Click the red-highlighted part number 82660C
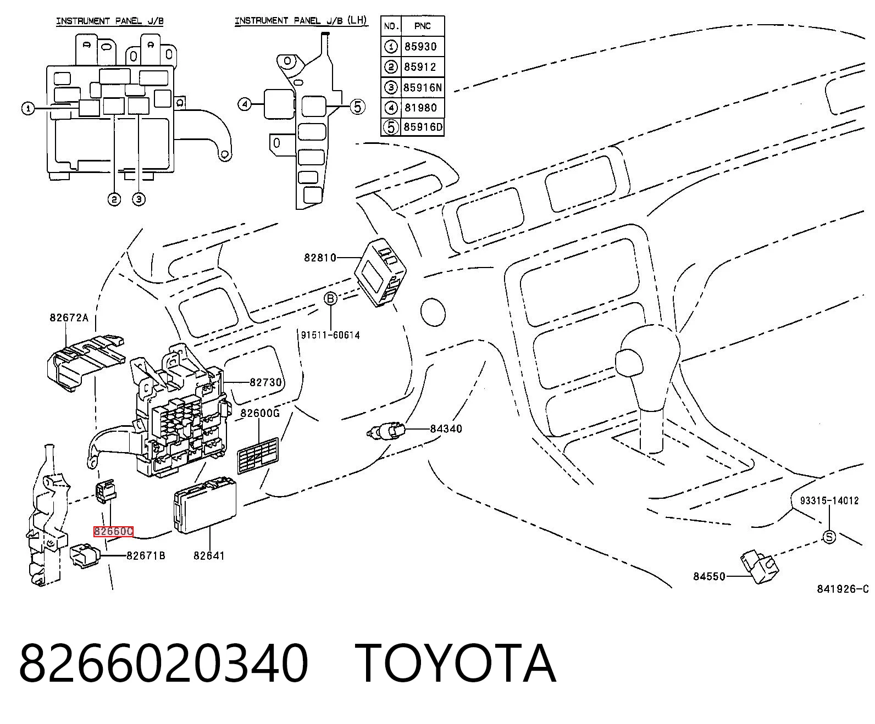113,531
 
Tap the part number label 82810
320,257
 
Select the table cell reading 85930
420,47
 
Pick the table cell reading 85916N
423,87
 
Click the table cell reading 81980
421,108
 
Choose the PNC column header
423,26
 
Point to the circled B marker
331,299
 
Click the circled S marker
829,537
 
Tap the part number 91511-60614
330,335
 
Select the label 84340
446,428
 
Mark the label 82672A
69,318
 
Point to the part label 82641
209,555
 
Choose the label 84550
709,577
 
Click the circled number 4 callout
245,104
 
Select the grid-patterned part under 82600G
258,455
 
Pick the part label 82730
265,382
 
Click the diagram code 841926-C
843,589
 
